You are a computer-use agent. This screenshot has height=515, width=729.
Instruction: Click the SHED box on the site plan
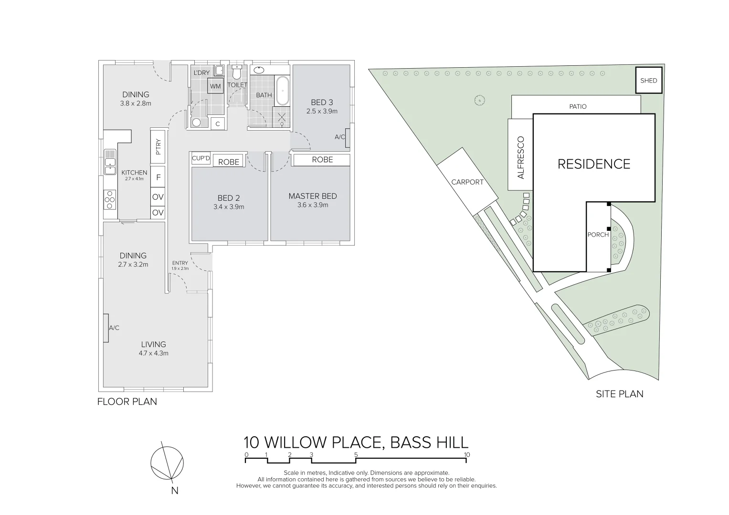tap(648, 81)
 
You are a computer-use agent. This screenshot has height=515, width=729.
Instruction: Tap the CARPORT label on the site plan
tap(467, 182)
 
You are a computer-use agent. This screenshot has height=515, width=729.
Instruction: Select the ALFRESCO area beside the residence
tap(520, 158)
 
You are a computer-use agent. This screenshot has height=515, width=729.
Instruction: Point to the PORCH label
tap(598, 235)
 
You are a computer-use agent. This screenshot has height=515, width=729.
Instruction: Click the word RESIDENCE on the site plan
tap(594, 164)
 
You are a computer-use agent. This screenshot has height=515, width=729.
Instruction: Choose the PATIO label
tap(578, 106)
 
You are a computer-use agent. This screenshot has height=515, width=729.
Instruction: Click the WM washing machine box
tap(215, 86)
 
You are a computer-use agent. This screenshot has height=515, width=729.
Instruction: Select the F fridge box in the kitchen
tap(158, 177)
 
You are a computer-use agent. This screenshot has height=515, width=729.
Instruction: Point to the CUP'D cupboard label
tap(201, 158)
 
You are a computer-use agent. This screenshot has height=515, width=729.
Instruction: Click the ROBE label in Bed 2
tap(228, 162)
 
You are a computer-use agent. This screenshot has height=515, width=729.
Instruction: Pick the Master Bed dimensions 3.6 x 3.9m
tap(313, 205)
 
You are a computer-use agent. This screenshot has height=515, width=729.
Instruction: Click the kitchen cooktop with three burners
tap(110, 199)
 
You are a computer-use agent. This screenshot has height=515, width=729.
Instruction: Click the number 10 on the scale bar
tap(467, 454)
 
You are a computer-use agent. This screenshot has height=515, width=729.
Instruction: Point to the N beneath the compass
tap(175, 490)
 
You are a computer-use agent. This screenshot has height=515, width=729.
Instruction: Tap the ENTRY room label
tap(180, 263)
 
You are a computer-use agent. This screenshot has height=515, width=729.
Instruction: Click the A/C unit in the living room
tap(105, 328)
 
